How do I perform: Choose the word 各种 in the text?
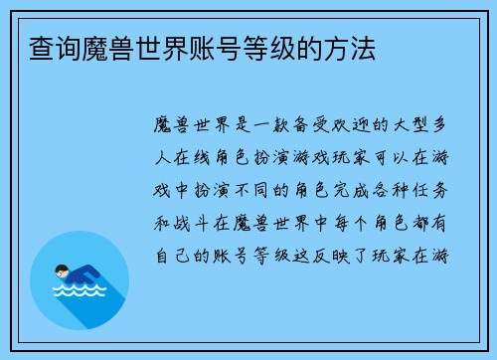[x=384, y=191]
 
